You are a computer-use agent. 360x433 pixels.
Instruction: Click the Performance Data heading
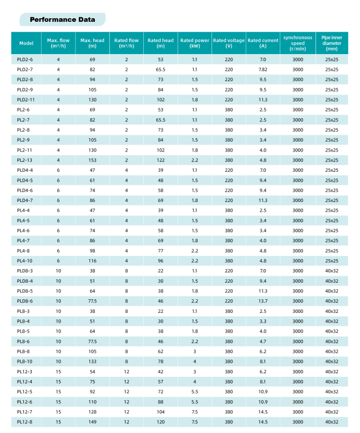click(x=62, y=20)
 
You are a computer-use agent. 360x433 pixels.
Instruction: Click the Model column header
click(x=26, y=43)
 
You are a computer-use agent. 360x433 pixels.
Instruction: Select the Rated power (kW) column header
click(x=194, y=43)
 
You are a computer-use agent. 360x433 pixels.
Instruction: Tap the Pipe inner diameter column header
click(x=331, y=43)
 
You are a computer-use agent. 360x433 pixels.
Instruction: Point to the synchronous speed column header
click(x=297, y=43)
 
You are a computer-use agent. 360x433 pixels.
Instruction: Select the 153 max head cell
click(x=92, y=160)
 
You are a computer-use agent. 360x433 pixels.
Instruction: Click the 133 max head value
click(x=92, y=361)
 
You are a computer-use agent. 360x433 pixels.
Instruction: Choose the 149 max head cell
click(x=92, y=422)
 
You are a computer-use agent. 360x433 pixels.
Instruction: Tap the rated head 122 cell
click(x=160, y=160)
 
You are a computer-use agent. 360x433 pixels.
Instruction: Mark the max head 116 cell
click(x=92, y=260)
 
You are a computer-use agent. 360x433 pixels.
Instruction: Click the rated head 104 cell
click(x=160, y=412)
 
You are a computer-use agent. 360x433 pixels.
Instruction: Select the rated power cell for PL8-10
click(x=194, y=361)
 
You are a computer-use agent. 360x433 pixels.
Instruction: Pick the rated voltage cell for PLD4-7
click(x=229, y=200)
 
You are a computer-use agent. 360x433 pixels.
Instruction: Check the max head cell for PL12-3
click(x=92, y=371)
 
